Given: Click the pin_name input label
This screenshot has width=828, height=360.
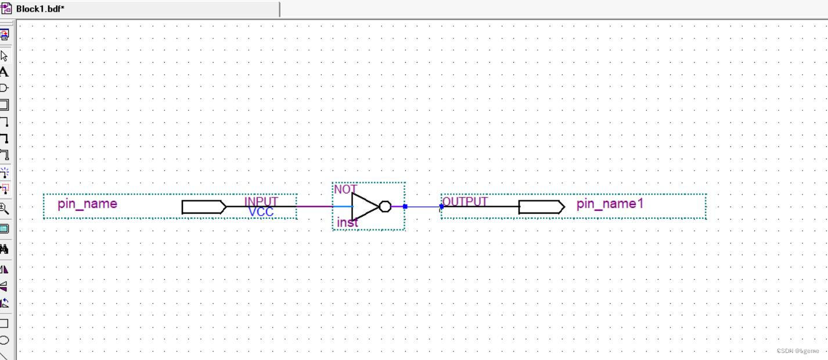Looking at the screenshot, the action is click(87, 204).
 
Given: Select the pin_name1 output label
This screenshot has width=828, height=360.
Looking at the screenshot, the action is click(610, 204).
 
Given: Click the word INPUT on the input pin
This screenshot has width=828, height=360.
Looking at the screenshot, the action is click(261, 201).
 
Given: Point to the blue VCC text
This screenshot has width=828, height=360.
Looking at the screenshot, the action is click(261, 212).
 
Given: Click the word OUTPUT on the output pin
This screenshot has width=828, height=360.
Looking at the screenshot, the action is click(465, 201).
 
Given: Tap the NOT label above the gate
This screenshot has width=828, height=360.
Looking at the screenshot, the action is click(345, 189).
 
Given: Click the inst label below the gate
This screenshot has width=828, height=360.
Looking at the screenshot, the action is click(347, 222).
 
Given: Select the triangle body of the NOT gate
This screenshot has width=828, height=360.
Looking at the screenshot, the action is click(363, 206).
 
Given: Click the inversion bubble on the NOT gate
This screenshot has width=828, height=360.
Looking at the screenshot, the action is click(385, 206).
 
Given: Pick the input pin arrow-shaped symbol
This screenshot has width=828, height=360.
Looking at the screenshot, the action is click(204, 207).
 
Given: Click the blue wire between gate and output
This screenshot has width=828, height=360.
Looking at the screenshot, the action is click(423, 206).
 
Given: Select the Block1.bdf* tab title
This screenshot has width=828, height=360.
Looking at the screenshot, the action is click(40, 9).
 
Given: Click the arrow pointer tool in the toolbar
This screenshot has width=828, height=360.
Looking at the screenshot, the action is click(4, 56).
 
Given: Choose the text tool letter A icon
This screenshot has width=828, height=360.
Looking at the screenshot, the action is click(4, 72).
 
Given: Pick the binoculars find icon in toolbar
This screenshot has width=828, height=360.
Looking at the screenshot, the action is click(4, 249).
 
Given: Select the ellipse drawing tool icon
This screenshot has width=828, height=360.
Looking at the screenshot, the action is click(4, 340).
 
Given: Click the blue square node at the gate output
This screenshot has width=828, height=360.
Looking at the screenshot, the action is click(405, 206).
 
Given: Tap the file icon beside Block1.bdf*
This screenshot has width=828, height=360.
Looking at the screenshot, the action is click(6, 9).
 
